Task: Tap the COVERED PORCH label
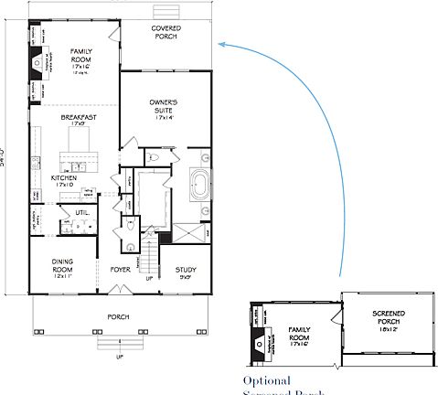tap(166, 33)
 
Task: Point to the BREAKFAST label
tap(78, 119)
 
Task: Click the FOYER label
tap(120, 270)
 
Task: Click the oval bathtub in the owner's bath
tap(200, 186)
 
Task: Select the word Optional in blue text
tap(266, 380)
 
